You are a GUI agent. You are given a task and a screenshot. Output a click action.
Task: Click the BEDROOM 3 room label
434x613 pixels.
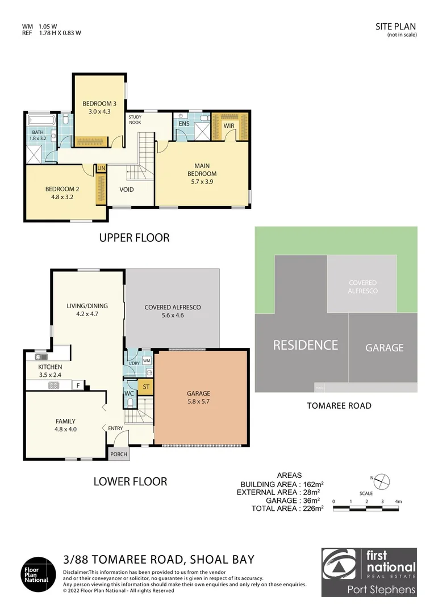pyautogui.click(x=99, y=103)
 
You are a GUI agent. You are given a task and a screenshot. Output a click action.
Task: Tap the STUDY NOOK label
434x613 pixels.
pyautogui.click(x=135, y=119)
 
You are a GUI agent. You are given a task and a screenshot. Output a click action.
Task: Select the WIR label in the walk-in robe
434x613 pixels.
pyautogui.click(x=229, y=125)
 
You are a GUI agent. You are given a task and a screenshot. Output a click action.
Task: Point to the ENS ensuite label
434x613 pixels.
pyautogui.click(x=183, y=123)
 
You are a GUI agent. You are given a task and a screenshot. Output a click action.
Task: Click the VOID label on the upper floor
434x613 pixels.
pyautogui.click(x=127, y=189)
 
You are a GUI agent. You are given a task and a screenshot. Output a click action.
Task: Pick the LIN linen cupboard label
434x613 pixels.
pyautogui.click(x=102, y=168)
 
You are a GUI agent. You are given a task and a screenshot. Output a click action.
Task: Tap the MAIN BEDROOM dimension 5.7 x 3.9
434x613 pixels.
pyautogui.click(x=202, y=182)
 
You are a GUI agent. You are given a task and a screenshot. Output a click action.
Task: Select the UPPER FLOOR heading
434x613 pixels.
pyautogui.click(x=134, y=238)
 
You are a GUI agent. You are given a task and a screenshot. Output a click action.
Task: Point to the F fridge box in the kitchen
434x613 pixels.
pyautogui.click(x=78, y=385)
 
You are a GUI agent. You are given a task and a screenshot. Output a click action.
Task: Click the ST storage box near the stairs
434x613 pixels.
pyautogui.click(x=146, y=387)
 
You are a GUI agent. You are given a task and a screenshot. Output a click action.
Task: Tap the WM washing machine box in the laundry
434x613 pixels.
pyautogui.click(x=146, y=360)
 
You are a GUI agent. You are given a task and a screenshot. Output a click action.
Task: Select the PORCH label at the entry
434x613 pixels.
pyautogui.click(x=119, y=455)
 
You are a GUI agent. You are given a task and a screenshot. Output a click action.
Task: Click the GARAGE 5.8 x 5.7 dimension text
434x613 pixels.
pyautogui.click(x=198, y=401)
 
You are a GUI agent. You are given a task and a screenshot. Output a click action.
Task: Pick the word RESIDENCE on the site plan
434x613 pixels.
pyautogui.click(x=305, y=345)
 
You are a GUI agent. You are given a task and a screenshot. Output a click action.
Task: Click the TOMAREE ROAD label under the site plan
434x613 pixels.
pyautogui.click(x=339, y=405)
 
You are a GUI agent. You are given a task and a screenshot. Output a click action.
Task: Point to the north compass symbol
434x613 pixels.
pyautogui.click(x=383, y=481)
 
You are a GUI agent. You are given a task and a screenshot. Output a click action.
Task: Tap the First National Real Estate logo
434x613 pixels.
pyautogui.click(x=369, y=572)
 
